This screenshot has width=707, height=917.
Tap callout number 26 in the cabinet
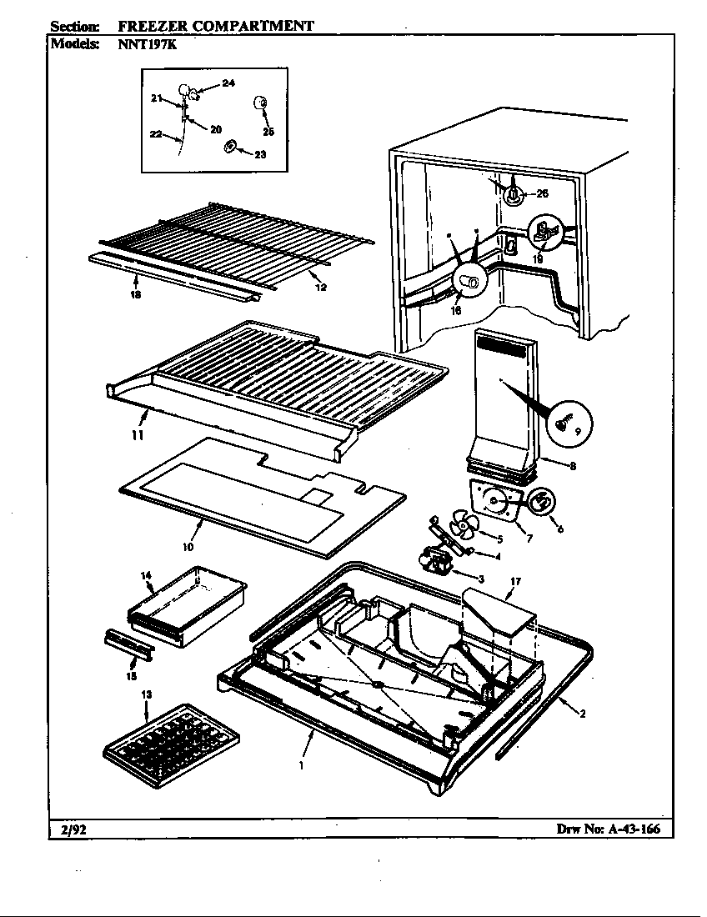pos(542,194)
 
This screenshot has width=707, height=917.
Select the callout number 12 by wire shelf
pos(321,287)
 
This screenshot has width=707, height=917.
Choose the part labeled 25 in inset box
pos(258,103)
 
